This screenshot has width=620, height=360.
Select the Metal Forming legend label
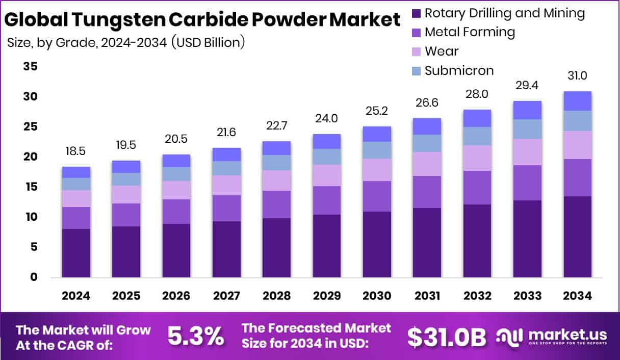(470, 32)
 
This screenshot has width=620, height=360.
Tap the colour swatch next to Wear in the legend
(415, 52)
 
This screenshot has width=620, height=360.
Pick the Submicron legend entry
(459, 70)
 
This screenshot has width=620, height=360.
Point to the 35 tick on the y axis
(30, 67)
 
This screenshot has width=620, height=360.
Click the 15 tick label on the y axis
(30, 187)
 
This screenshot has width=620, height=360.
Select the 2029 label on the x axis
(327, 296)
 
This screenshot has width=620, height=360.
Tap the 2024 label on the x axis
(76, 296)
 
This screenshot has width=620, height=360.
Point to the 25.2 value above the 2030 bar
(377, 111)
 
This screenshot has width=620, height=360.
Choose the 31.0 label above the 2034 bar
(577, 76)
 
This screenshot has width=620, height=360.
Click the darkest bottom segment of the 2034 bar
(577, 237)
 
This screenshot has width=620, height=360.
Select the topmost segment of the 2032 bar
(477, 118)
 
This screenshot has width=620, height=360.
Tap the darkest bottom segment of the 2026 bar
(176, 250)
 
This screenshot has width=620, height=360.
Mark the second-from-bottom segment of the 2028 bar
(276, 204)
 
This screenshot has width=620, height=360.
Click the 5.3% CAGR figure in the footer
(195, 337)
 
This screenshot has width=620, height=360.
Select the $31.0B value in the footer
(447, 337)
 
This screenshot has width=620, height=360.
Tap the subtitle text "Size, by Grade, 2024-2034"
(87, 42)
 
